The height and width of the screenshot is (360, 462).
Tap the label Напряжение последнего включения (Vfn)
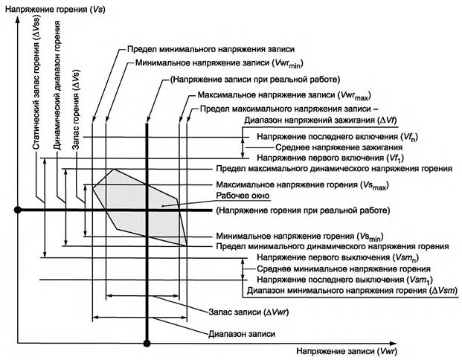(x=336, y=137)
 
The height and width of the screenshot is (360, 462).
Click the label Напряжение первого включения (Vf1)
(x=334, y=158)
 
